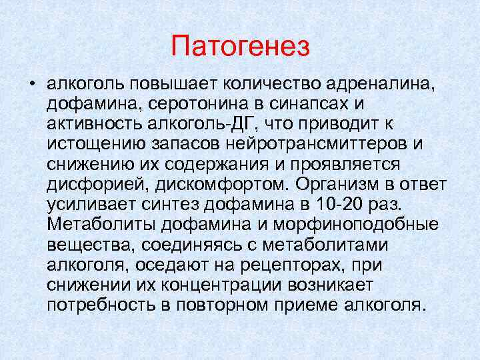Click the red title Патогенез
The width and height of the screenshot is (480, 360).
point(240,46)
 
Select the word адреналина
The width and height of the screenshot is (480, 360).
point(385,85)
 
